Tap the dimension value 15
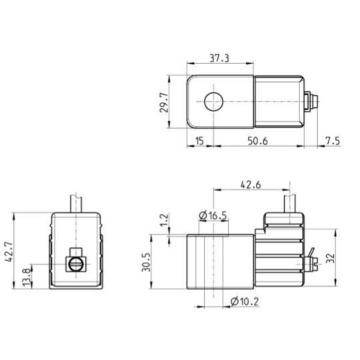pyautogui.click(x=198, y=140)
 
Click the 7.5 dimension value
pyautogui.click(x=332, y=140)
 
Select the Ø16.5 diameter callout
pyautogui.click(x=214, y=215)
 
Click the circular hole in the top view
pyautogui.click(x=214, y=103)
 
